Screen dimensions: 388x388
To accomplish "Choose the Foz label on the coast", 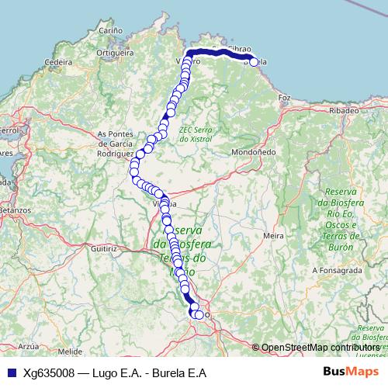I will click(x=284, y=99).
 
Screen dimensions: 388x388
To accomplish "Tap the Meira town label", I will click(x=272, y=234).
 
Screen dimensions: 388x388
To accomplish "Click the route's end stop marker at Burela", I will click(x=253, y=62).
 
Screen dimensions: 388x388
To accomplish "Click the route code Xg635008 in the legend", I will click(x=48, y=372).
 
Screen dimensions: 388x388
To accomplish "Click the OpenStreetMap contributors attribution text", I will click(x=320, y=348).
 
